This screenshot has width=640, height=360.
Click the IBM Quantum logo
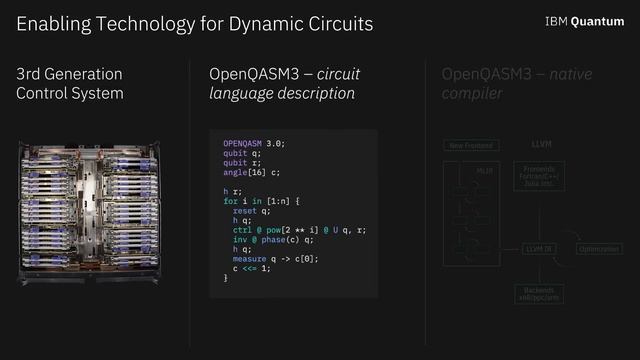pyautogui.click(x=584, y=22)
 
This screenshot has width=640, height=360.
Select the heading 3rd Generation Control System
pyautogui.click(x=70, y=83)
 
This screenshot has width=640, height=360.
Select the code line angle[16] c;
pyautogui.click(x=251, y=173)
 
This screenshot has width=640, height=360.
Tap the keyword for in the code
pyautogui.click(x=230, y=201)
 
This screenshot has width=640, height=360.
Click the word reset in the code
pyautogui.click(x=244, y=211)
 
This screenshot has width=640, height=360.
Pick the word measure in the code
pyautogui.click(x=249, y=259)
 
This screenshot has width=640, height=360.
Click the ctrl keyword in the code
pyautogui.click(x=243, y=230)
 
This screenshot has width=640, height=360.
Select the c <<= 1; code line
pyautogui.click(x=250, y=268)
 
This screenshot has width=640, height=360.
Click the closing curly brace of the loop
pyautogui.click(x=225, y=278)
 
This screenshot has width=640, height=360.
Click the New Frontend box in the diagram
pyautogui.click(x=471, y=146)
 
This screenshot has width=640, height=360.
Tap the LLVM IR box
pyautogui.click(x=540, y=248)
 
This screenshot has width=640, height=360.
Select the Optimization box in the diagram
pyautogui.click(x=599, y=248)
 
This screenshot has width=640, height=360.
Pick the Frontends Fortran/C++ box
pyautogui.click(x=540, y=176)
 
